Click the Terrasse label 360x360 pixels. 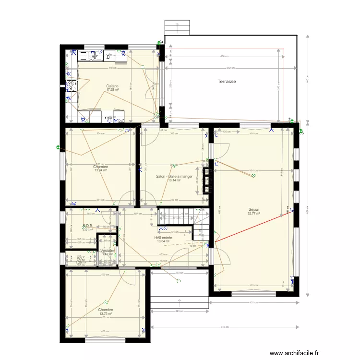(x=226, y=82)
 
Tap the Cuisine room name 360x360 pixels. (x=112, y=86)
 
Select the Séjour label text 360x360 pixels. (x=253, y=209)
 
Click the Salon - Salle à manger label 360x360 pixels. (x=174, y=176)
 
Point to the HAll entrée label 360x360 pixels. (x=163, y=238)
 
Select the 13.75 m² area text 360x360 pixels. (x=106, y=314)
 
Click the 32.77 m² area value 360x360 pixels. (x=253, y=214)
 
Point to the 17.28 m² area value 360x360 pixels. (x=112, y=90)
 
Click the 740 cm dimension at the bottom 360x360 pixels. (x=224, y=327)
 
